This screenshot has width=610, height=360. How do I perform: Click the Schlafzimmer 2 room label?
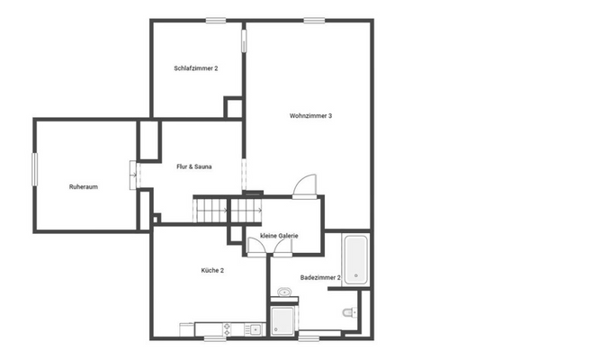(x=196, y=68)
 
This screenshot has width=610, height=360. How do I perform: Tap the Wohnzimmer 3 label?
(x=311, y=115)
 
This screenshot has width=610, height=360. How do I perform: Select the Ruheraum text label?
(x=83, y=186)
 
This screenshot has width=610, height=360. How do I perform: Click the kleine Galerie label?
(x=279, y=236)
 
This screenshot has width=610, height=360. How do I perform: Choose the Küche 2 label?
(x=212, y=270)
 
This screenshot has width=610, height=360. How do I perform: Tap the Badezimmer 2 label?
(x=320, y=278)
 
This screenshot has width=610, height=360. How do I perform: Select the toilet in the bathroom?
(x=349, y=313)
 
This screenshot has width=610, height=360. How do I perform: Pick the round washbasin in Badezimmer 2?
(x=285, y=292)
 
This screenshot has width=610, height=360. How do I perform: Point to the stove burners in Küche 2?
(x=224, y=328)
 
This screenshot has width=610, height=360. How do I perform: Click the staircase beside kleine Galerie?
(x=212, y=211)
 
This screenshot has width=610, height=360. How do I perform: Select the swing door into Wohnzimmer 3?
(x=307, y=184)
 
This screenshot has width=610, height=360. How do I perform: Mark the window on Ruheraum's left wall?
(x=35, y=169)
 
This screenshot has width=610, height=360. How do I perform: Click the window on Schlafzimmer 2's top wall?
(x=215, y=20)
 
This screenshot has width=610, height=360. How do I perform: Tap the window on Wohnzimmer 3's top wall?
(x=314, y=20)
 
